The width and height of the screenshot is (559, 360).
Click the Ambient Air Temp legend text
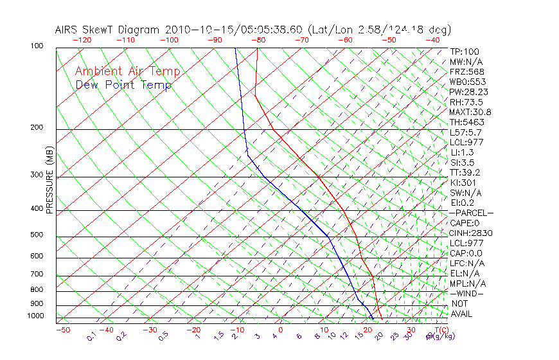(127, 71)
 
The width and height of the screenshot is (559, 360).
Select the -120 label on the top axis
(82, 40)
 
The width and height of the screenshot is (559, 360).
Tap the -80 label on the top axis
(258, 40)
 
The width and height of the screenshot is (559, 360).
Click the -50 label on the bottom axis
(62, 330)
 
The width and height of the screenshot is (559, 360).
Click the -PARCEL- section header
(472, 213)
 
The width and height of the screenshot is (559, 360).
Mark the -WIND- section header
(467, 293)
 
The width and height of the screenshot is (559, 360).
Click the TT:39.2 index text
(465, 172)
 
